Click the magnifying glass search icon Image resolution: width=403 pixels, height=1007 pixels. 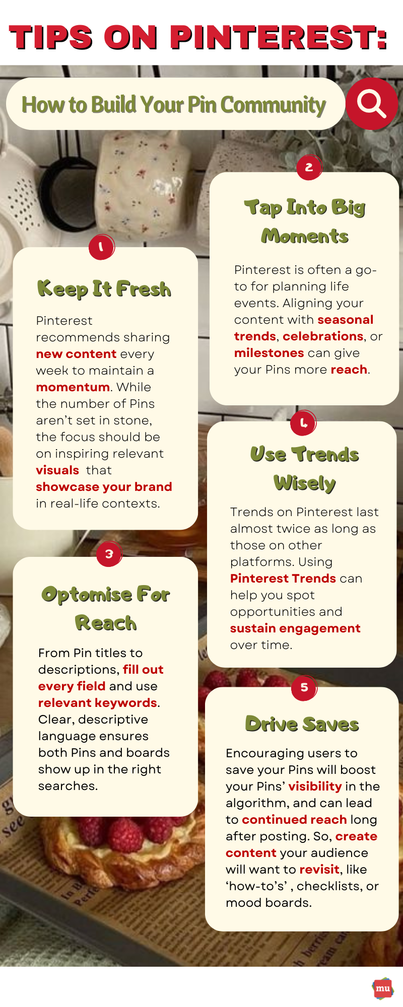tap(371, 104)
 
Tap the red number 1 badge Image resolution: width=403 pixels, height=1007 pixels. tap(101, 247)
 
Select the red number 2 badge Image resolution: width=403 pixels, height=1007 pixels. tap(309, 167)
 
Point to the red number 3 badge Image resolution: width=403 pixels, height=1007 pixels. tap(109, 554)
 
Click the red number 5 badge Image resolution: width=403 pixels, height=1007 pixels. tap(304, 687)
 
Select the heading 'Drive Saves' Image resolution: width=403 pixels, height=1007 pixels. tap(302, 724)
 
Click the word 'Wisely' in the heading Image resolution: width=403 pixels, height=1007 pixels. tap(305, 483)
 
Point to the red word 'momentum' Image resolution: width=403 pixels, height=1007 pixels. tap(73, 387)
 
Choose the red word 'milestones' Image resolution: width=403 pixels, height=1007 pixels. tap(269, 353)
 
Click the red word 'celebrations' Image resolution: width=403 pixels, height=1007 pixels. tap(323, 336)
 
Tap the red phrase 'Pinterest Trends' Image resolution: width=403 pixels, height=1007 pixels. tap(283, 579)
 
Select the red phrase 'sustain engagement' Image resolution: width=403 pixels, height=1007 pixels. tap(295, 628)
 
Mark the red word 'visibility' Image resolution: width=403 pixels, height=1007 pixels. tap(315, 786)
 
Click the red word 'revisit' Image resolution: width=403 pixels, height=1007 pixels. tap(319, 870)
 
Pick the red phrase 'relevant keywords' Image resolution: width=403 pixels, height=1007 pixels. tap(98, 703)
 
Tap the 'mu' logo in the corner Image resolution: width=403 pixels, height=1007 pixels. tap(383, 988)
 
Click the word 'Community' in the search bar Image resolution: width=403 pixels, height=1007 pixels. tap(273, 105)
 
